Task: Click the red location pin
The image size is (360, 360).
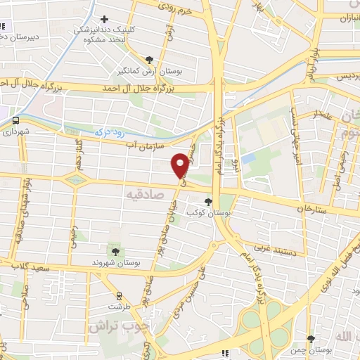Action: [x=181, y=166]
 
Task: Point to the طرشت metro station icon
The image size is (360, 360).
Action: [x=119, y=296]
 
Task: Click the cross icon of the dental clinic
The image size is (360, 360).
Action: [x=105, y=19]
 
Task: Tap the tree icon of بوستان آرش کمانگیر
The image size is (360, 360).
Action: [x=148, y=60]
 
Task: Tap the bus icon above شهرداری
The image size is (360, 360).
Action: [x=15, y=120]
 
